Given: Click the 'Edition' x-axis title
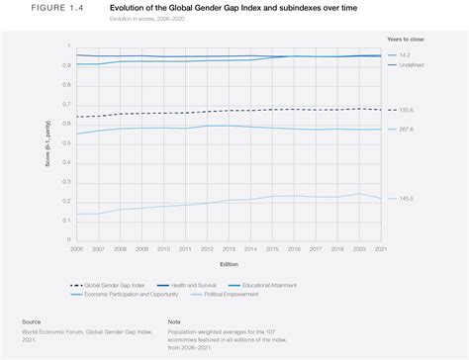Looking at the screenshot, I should pyautogui.click(x=229, y=264).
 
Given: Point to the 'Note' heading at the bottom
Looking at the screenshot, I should pyautogui.click(x=175, y=321).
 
